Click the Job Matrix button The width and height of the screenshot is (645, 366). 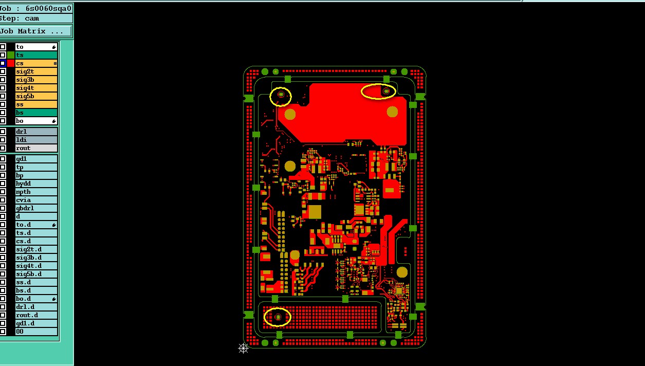[35, 31]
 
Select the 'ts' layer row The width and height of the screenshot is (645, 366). [36, 55]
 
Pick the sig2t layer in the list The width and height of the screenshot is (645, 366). [36, 71]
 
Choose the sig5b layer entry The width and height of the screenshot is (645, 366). [36, 96]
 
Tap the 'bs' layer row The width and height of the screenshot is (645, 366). [36, 113]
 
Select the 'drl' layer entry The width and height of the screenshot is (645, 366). [36, 132]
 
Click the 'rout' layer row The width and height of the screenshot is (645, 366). [36, 148]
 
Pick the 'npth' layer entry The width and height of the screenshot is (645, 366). [36, 192]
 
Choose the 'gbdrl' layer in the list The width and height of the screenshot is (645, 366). [36, 208]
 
